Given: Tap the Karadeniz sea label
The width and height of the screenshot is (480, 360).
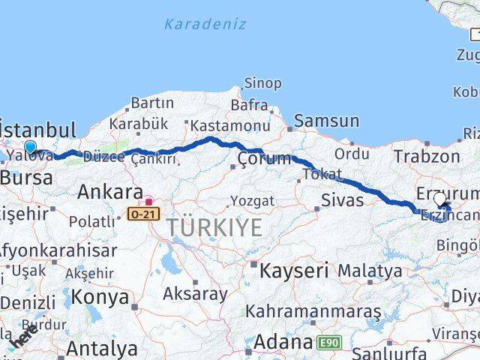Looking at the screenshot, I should coord(205,24).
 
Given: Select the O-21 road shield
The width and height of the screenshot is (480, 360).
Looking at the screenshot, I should coord(143,214).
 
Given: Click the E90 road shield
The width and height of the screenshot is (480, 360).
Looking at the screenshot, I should coord(328,343).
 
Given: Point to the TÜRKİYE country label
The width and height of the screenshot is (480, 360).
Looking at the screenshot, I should coord(214,227).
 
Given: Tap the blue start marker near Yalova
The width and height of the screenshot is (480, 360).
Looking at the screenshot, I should coord(30,147).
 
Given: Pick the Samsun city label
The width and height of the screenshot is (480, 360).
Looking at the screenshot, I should coord(326,121).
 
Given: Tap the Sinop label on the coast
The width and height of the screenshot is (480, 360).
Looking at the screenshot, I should coord(264,83).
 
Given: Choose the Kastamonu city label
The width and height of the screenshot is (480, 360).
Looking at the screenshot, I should coord(229,126).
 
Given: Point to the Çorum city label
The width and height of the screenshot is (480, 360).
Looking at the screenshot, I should coord(263,158).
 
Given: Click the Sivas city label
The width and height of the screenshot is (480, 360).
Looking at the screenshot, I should coord(342,200).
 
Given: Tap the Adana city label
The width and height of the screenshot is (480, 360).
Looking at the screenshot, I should coord(283,343).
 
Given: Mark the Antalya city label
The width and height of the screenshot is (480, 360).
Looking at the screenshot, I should coord(102,349).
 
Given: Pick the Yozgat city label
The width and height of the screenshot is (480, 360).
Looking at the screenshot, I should coord(253,201).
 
